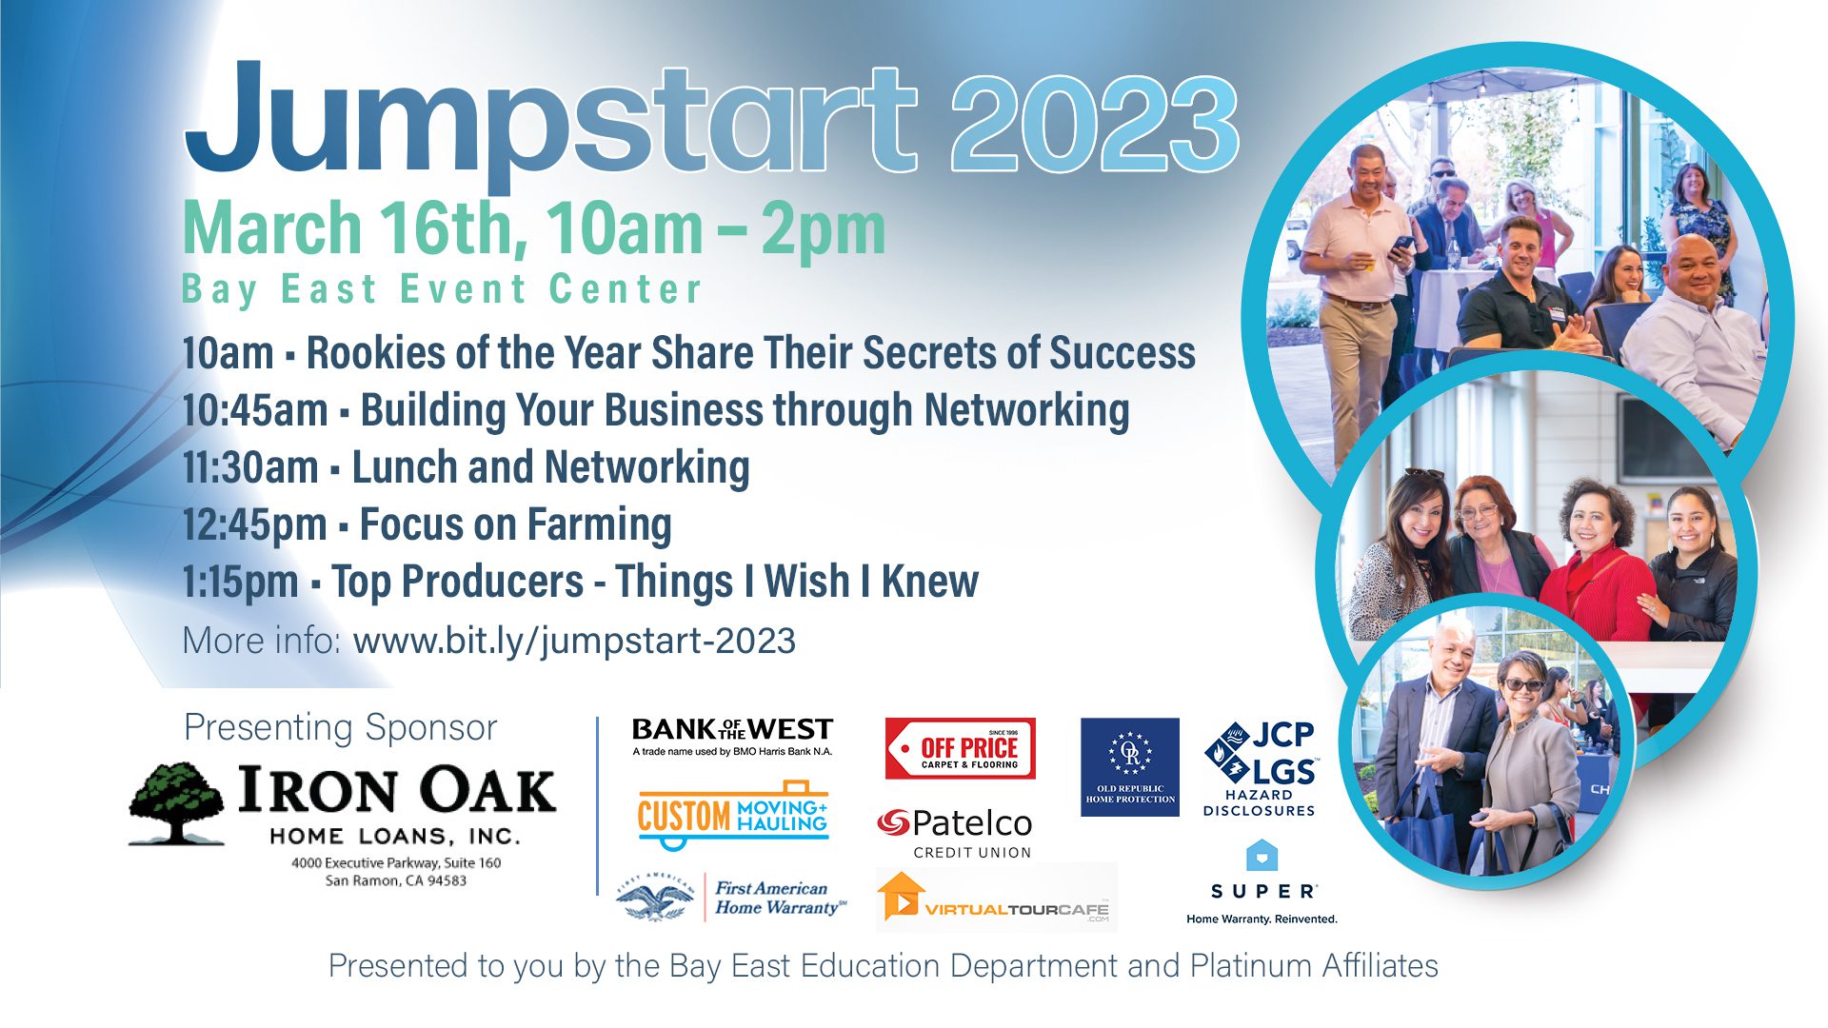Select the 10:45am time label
255,411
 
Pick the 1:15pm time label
240,583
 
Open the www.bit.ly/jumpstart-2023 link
574,641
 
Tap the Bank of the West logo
732,736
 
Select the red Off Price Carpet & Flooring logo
960,749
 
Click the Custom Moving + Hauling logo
732,814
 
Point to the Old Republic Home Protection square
1130,766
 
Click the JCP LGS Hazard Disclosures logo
1260,769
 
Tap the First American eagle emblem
655,898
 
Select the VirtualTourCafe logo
996,898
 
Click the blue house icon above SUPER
1262,856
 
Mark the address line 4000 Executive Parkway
396,862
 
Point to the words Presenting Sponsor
340,728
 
